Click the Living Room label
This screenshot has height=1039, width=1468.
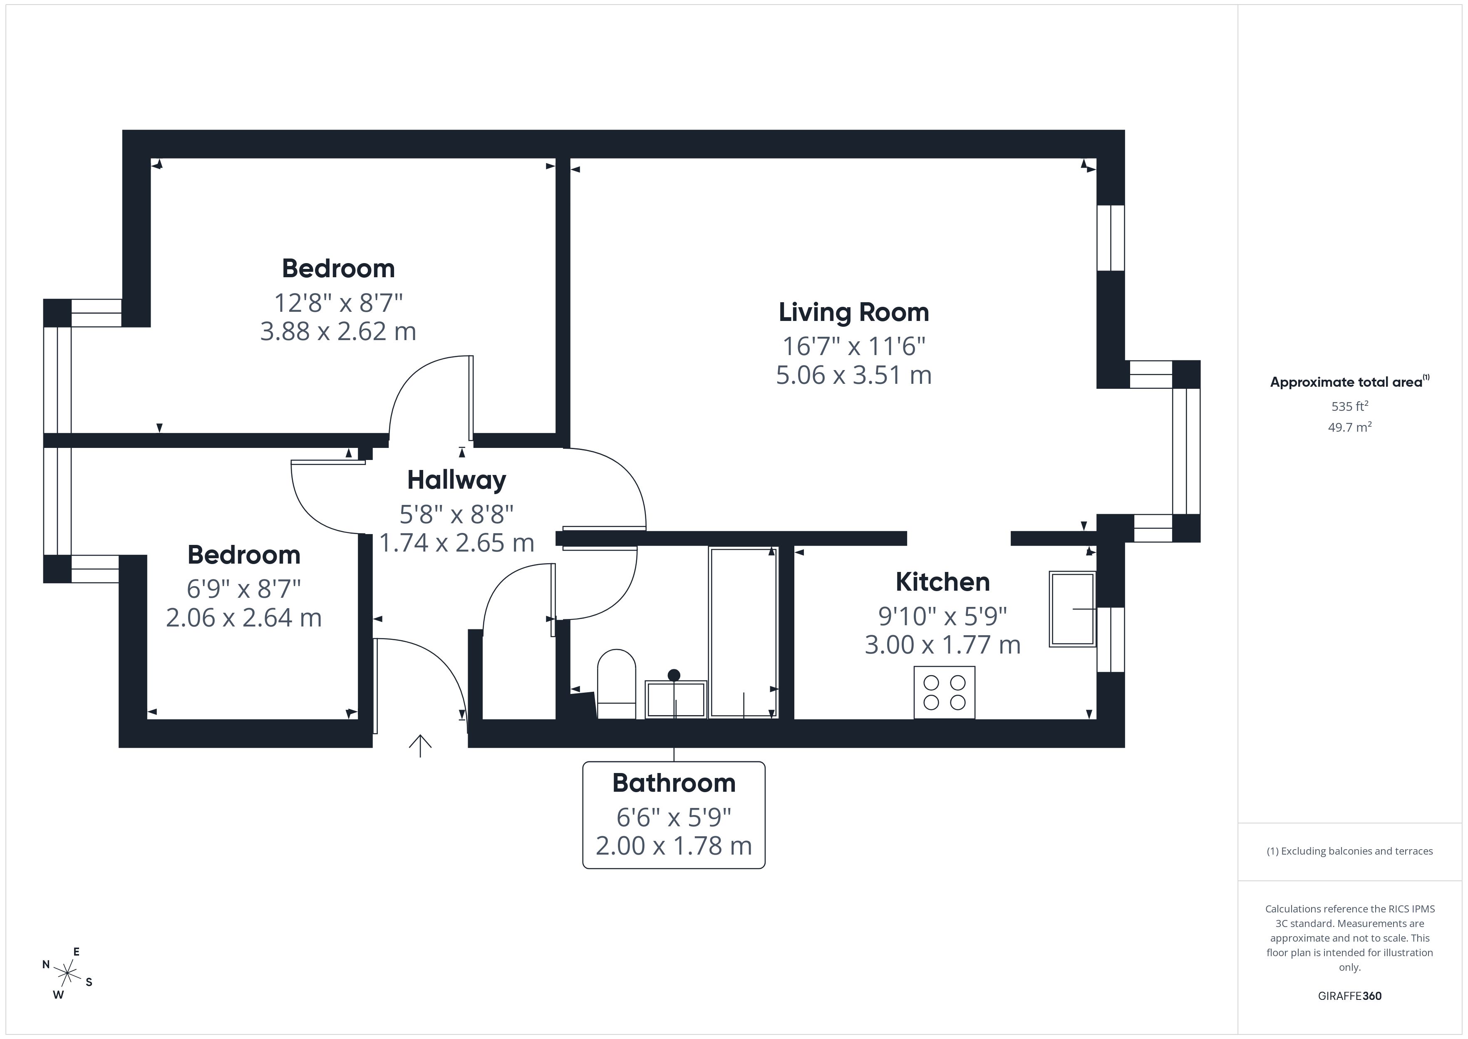coord(853,312)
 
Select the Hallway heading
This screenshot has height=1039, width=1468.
coord(456,480)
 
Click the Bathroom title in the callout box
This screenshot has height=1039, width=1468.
coord(674,783)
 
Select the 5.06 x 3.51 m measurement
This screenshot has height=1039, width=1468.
coord(853,375)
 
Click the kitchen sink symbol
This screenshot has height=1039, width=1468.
coord(1072,609)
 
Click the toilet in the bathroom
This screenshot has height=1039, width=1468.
coord(616,683)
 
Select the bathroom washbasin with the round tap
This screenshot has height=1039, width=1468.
coord(675,698)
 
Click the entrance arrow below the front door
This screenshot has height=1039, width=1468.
coord(420,746)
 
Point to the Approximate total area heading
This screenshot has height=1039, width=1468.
coord(1348,383)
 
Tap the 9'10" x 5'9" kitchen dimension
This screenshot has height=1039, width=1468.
coord(942,616)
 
